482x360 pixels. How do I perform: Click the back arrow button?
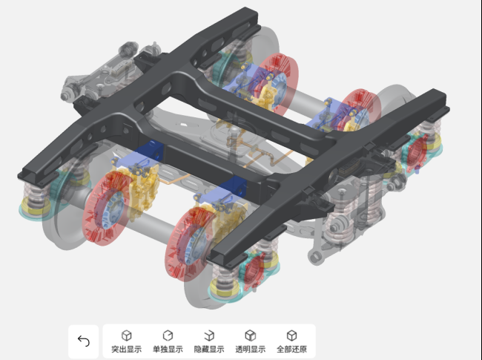pyautogui.click(x=83, y=341)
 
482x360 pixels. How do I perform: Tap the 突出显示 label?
pyautogui.click(x=126, y=349)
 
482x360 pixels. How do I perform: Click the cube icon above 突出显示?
pyautogui.click(x=126, y=336)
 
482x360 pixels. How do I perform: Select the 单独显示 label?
pyautogui.click(x=168, y=349)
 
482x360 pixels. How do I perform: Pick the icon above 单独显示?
pyautogui.click(x=168, y=336)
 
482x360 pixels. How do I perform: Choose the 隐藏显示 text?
pyautogui.click(x=209, y=349)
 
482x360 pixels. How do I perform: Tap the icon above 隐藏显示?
pyautogui.click(x=209, y=336)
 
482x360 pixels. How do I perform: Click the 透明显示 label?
pyautogui.click(x=250, y=349)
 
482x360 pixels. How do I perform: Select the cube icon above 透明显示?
pyautogui.click(x=250, y=336)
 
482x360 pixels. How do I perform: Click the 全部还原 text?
pyautogui.click(x=291, y=349)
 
